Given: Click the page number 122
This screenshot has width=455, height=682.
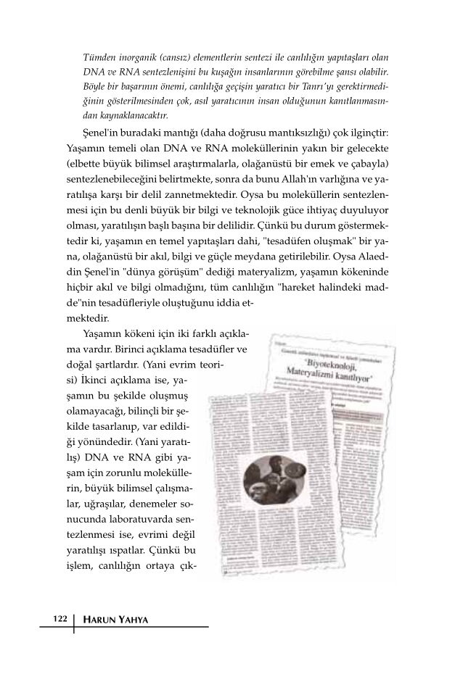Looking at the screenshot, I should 60,618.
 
